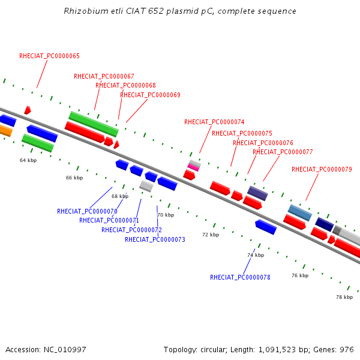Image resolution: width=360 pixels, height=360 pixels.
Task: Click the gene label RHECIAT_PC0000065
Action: pos(49,56)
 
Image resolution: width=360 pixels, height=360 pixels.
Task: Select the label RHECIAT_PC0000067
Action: pos(104,76)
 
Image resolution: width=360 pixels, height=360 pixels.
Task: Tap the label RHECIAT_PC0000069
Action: pos(151,95)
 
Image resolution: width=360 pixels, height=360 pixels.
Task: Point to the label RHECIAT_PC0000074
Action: pos(214,122)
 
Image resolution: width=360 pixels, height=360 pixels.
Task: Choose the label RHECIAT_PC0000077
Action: pos(283,152)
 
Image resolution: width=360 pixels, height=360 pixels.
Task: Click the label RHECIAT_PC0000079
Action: pos(322,169)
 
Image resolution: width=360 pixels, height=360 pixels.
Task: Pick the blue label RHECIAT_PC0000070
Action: pos(87,211)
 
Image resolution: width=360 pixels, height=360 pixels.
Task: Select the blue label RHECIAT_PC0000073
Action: pos(155,239)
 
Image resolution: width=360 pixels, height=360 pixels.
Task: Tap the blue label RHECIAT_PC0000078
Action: pos(241,277)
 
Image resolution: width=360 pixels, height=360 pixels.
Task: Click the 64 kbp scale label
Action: pos(28,160)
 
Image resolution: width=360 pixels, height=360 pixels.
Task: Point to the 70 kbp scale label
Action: pos(166,215)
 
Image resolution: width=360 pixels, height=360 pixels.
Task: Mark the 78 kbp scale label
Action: pos(344,297)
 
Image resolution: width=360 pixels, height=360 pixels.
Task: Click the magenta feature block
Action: pos(193,167)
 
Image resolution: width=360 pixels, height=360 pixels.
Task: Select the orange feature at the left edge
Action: pos(5,130)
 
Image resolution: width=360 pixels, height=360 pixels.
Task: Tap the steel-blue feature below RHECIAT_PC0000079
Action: pos(300,213)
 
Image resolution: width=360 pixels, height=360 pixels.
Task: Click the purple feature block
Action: pos(257,193)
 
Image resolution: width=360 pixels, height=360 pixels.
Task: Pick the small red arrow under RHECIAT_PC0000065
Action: pos(28,110)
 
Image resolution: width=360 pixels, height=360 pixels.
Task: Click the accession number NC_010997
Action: pos(65,350)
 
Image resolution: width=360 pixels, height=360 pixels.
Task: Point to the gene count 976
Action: pos(347,350)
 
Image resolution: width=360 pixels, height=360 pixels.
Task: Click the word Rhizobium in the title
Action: pos(86,11)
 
